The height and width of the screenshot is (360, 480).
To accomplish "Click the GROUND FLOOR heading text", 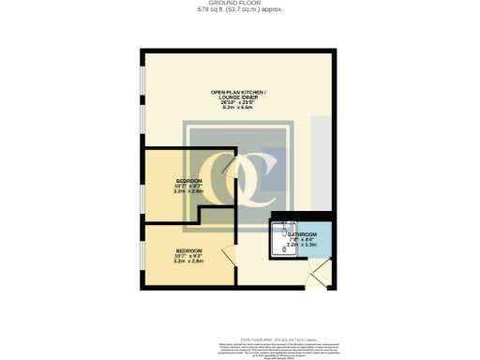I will click(239, 4).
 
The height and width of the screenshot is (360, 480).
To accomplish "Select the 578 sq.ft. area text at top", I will click(239, 10).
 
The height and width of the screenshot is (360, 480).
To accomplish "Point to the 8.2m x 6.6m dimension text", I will click(238, 109).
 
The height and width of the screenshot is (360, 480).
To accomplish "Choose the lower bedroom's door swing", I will click(227, 254).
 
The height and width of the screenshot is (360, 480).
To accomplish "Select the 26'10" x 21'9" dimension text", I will click(238, 102).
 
